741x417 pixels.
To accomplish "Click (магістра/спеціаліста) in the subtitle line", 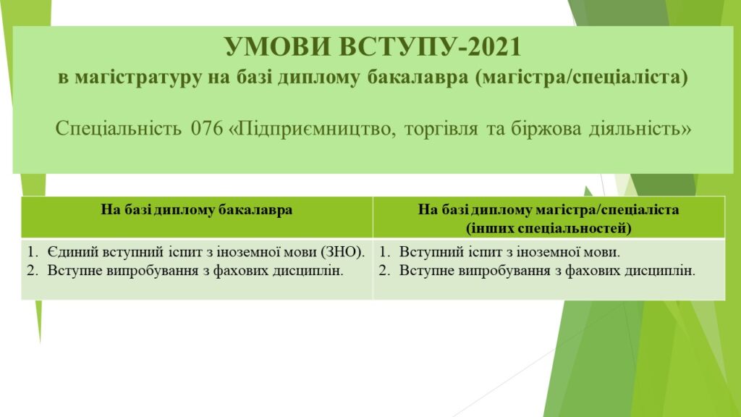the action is pos(582,77).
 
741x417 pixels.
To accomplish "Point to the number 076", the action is pos(206,129).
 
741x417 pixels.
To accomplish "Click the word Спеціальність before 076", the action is pos(118,129).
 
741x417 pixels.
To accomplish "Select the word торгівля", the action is pos(441,129).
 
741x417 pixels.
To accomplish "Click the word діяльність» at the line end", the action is pos(640,129).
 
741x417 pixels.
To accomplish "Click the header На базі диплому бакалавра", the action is pos(197,210).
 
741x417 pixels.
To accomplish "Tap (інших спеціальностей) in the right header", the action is pos(549,229).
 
